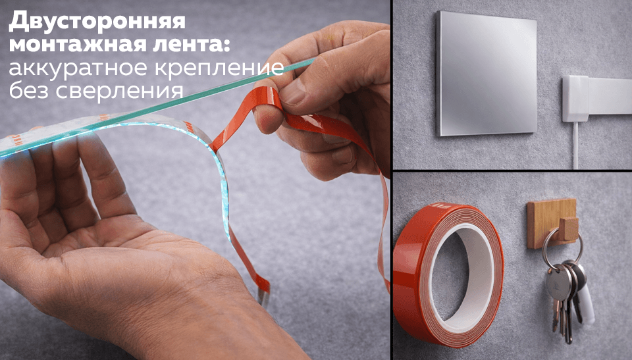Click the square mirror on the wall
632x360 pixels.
(x=485, y=74)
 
